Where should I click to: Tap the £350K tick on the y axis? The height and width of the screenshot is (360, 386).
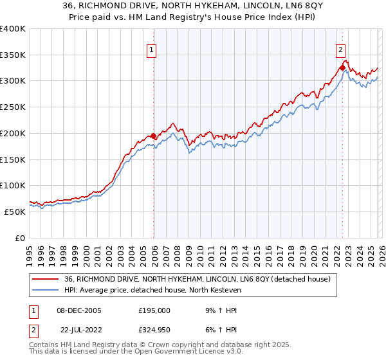(x=13, y=55)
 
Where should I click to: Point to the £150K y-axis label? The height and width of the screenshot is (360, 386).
(x=13, y=159)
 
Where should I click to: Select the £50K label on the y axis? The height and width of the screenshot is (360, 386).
(x=15, y=212)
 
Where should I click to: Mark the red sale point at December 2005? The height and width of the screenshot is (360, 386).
(x=153, y=136)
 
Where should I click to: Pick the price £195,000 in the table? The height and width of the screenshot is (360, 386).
(x=154, y=310)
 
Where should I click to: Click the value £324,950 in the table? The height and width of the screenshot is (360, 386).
(x=154, y=330)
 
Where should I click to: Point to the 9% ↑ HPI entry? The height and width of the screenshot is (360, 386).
(x=219, y=310)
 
